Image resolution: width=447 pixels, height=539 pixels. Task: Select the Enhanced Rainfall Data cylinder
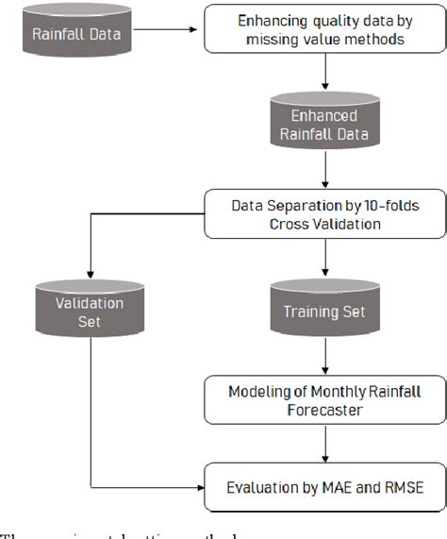(325, 124)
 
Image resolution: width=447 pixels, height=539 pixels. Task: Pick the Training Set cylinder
(325, 308)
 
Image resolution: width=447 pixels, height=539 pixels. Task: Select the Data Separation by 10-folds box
(324, 214)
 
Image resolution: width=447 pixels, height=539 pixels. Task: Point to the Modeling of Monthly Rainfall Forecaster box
(324, 399)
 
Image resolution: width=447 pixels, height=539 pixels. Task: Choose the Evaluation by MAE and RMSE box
(324, 487)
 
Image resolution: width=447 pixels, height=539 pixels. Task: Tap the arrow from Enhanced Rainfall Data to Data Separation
(325, 170)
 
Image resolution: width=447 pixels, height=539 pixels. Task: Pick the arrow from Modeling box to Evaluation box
(325, 444)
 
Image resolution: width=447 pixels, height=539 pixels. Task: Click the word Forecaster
(324, 410)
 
